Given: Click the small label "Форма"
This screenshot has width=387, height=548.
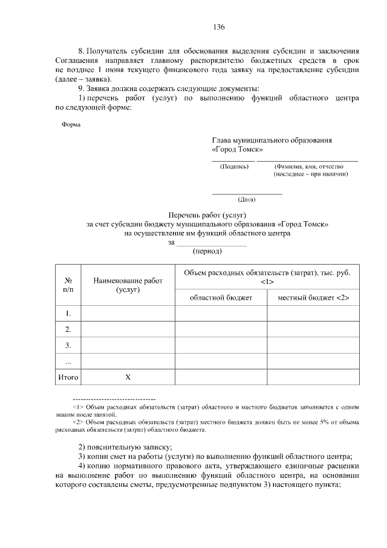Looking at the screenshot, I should pyautogui.click(x=71, y=125).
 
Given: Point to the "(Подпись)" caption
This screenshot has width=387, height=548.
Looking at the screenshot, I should pyautogui.click(x=233, y=167).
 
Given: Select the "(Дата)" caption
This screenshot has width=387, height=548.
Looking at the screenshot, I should pyautogui.click(x=247, y=199).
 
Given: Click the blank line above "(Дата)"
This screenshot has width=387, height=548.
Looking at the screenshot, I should pyautogui.click(x=247, y=193).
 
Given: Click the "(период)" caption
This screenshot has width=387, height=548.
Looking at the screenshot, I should pyautogui.click(x=207, y=251).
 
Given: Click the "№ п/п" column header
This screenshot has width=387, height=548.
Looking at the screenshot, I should pyautogui.click(x=68, y=285).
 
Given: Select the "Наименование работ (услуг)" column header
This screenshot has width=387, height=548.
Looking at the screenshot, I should pyautogui.click(x=128, y=285).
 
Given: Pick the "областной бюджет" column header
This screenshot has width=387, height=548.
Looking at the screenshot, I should pyautogui.click(x=221, y=297).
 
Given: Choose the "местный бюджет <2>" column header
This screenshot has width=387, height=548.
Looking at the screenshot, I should pyautogui.click(x=313, y=297).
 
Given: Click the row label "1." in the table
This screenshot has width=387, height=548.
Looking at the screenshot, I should pyautogui.click(x=68, y=313).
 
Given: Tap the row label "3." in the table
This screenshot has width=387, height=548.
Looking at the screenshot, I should pyautogui.click(x=68, y=345).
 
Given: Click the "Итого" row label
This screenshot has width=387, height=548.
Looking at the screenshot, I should pyautogui.click(x=68, y=377).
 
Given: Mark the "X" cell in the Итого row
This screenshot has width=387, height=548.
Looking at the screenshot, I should pyautogui.click(x=128, y=377).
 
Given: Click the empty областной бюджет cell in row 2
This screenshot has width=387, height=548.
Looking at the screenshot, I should pyautogui.click(x=221, y=329).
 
